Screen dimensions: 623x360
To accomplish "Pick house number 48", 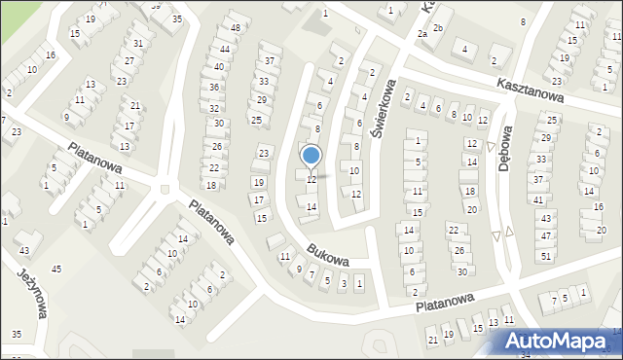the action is (x=236, y=27).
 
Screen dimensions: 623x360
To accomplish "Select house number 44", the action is (x=225, y=49).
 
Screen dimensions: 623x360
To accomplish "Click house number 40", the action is (x=218, y=67).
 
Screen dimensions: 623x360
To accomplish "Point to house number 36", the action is (x=214, y=88).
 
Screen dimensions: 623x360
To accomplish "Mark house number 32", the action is (x=214, y=108).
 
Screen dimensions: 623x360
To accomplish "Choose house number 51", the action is (x=546, y=255).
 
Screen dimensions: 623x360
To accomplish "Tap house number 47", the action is (x=546, y=236).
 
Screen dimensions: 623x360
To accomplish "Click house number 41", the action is (x=537, y=199).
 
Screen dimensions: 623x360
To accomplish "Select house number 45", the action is (x=56, y=269).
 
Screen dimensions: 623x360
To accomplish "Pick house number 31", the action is (x=139, y=43).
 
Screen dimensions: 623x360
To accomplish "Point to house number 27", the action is (x=129, y=61).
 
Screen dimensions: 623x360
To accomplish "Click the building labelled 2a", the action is (x=422, y=33).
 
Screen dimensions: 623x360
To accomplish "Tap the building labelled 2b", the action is (x=438, y=27).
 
